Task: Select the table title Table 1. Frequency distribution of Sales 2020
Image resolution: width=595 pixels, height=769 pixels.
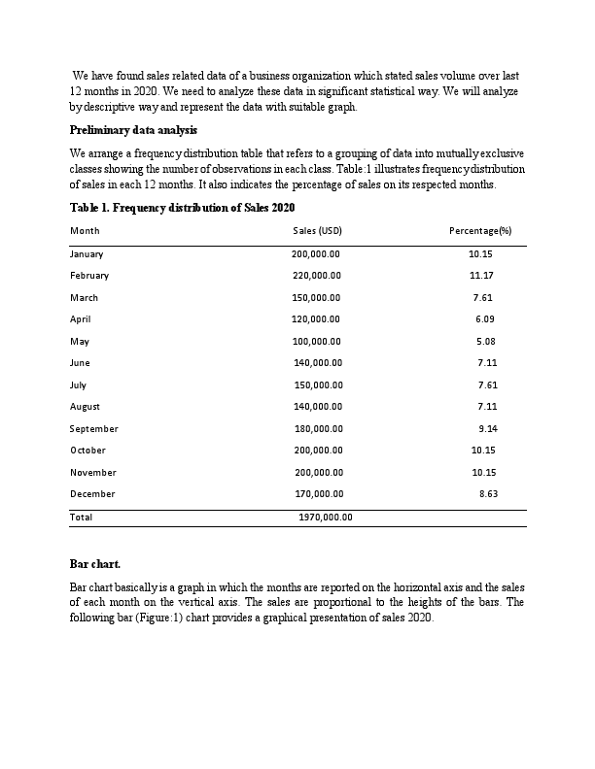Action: coord(182,208)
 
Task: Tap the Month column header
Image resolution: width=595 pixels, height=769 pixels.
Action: coord(85,231)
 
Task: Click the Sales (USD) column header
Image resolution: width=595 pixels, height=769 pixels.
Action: coord(317,231)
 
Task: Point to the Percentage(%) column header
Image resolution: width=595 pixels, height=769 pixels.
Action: coord(480,231)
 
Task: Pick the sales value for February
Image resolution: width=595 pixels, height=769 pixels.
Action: coord(316,276)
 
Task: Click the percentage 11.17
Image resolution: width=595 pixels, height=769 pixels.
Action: coord(481,276)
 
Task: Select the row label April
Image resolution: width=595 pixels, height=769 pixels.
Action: coord(80,318)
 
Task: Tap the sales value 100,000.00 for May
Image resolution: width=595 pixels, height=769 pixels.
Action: coord(316,341)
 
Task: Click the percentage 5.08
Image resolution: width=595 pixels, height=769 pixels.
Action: coord(486,341)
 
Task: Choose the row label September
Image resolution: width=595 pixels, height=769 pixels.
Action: coord(94,428)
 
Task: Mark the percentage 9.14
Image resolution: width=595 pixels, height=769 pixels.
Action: coord(488,428)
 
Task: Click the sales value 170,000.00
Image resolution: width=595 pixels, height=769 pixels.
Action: coord(319,494)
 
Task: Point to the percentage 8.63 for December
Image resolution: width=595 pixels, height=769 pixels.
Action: coord(489,494)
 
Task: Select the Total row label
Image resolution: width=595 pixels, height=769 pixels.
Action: coord(82,518)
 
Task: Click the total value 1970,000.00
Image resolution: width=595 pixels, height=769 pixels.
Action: coord(325,518)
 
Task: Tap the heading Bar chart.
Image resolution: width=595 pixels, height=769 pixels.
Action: coord(95,564)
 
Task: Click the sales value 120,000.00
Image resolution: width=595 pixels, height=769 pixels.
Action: coord(315,318)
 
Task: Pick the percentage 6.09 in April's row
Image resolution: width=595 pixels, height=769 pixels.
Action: coord(485,318)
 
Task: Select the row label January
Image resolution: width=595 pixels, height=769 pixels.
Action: coord(87,254)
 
